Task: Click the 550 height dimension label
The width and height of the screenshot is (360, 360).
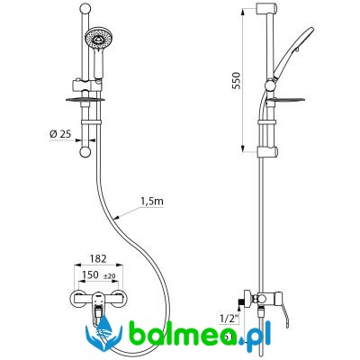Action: click(x=237, y=81)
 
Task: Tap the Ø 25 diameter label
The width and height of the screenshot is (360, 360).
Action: click(x=60, y=134)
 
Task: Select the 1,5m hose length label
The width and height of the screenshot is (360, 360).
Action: click(x=152, y=202)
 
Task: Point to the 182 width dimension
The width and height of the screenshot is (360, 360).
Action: click(x=98, y=258)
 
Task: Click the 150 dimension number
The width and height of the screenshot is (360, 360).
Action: click(x=90, y=274)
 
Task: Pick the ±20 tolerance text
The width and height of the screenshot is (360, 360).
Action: click(x=110, y=276)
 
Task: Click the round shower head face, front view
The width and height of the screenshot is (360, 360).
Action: click(x=97, y=38)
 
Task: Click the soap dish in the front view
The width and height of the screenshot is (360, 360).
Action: click(x=85, y=100)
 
